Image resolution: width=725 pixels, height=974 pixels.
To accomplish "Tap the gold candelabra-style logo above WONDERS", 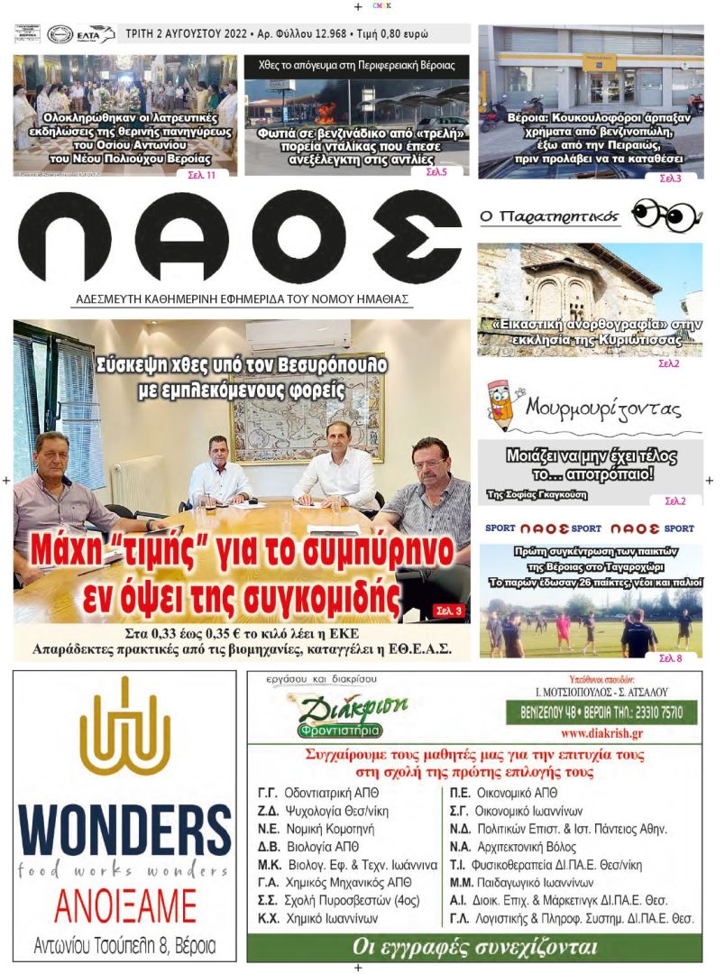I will coord(124,725).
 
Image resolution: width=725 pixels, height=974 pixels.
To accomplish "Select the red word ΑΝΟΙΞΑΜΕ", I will coord(124,905).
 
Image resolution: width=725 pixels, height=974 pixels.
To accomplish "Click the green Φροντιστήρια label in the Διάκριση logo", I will coord(341,730).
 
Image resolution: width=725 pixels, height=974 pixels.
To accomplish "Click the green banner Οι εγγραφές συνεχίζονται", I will coord(474,948).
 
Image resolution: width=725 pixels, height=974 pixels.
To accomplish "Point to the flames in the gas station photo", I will coord(326,112).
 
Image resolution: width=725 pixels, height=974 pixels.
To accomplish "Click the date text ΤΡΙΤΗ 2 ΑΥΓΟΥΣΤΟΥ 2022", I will coord(188,34).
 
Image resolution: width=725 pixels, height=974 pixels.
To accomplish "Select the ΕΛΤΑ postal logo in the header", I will coord(96,34).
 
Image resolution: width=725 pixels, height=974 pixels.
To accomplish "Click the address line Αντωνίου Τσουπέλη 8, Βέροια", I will coord(124,946).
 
